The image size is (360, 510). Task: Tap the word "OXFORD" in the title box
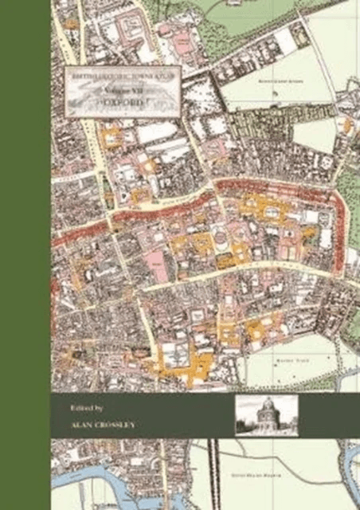(123, 103)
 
